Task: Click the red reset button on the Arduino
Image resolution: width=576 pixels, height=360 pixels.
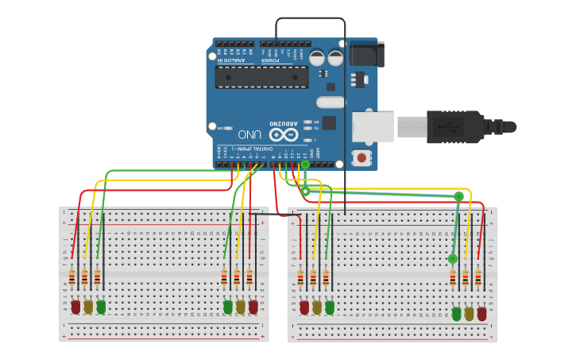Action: (361, 157)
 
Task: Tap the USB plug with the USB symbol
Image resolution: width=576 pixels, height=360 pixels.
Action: (454, 126)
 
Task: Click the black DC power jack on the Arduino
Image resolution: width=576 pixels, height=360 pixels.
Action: (366, 53)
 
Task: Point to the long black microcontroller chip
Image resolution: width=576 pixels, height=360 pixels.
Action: (261, 77)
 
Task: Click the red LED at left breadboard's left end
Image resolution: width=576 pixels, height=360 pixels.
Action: (75, 306)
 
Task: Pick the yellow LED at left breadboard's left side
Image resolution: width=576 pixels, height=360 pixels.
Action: (88, 306)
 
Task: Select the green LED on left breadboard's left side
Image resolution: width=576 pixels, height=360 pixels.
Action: (101, 306)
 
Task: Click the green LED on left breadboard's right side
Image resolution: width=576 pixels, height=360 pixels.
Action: (228, 306)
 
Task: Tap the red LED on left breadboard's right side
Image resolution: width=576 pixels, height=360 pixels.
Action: (253, 306)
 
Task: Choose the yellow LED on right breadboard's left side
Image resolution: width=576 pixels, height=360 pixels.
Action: (317, 306)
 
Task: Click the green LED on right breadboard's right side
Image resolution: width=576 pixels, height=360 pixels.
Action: (456, 313)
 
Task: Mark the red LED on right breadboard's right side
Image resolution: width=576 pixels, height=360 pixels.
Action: (481, 313)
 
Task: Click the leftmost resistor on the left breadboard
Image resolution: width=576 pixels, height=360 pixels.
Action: (72, 277)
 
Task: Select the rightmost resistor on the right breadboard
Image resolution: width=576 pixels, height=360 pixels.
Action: (478, 278)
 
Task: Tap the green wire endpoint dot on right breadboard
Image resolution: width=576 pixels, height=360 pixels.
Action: (452, 258)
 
